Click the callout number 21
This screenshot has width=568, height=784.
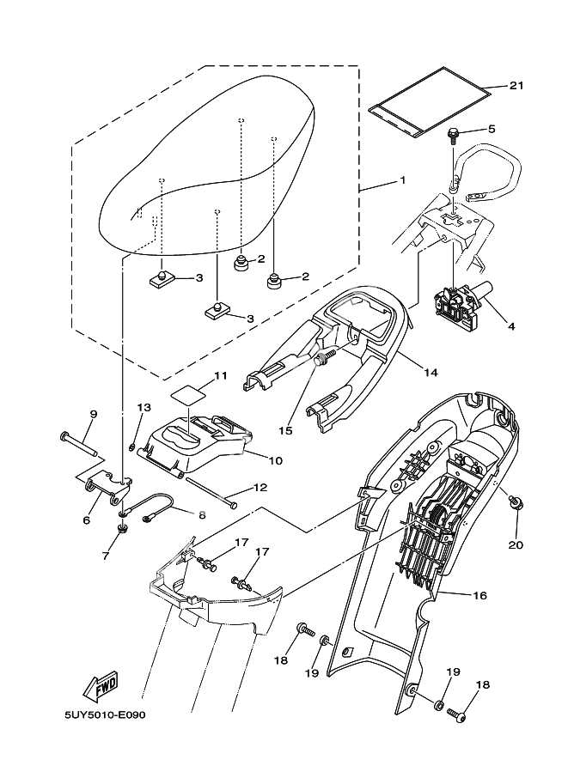(516, 85)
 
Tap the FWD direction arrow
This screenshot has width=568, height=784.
(101, 685)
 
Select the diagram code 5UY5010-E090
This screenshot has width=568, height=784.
(104, 714)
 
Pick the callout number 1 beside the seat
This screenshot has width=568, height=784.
(401, 181)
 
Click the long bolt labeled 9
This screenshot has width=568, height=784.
(78, 444)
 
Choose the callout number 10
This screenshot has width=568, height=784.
(275, 460)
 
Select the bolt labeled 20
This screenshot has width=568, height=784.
(513, 502)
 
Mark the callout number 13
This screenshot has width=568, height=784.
(144, 407)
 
